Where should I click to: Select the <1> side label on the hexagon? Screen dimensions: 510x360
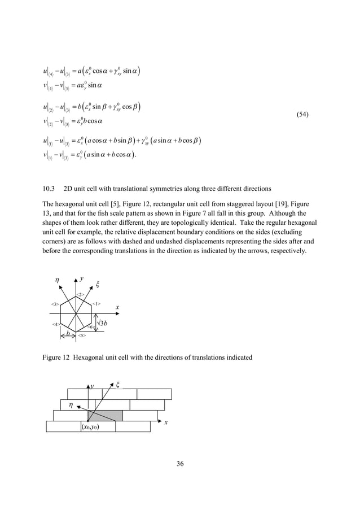point(96,304)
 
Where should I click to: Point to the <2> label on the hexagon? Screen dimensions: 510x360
point(81,295)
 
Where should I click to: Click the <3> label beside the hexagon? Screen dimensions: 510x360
point(55,304)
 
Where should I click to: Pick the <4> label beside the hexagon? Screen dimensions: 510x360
point(56,324)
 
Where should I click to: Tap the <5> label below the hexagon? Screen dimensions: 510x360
point(81,335)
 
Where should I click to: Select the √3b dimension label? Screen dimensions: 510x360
point(103,323)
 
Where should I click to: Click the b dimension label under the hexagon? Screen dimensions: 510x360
point(68,333)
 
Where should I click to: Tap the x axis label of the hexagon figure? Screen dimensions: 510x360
point(117,308)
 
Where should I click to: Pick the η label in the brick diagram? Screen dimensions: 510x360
point(71,404)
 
